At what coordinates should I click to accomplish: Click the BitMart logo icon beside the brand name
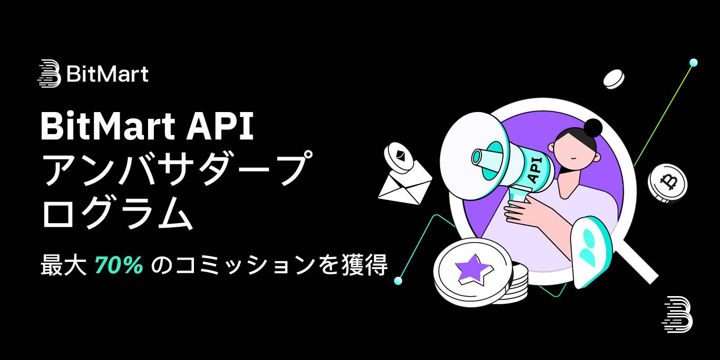point(49,73)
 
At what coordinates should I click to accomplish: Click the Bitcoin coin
point(668,182)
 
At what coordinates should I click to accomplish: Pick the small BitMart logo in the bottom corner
point(677,314)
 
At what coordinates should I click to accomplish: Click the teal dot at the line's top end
point(693,62)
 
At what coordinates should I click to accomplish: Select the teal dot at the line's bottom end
point(397,281)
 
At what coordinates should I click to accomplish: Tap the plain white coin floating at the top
point(614,78)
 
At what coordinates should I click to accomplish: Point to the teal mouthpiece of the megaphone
point(482,157)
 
